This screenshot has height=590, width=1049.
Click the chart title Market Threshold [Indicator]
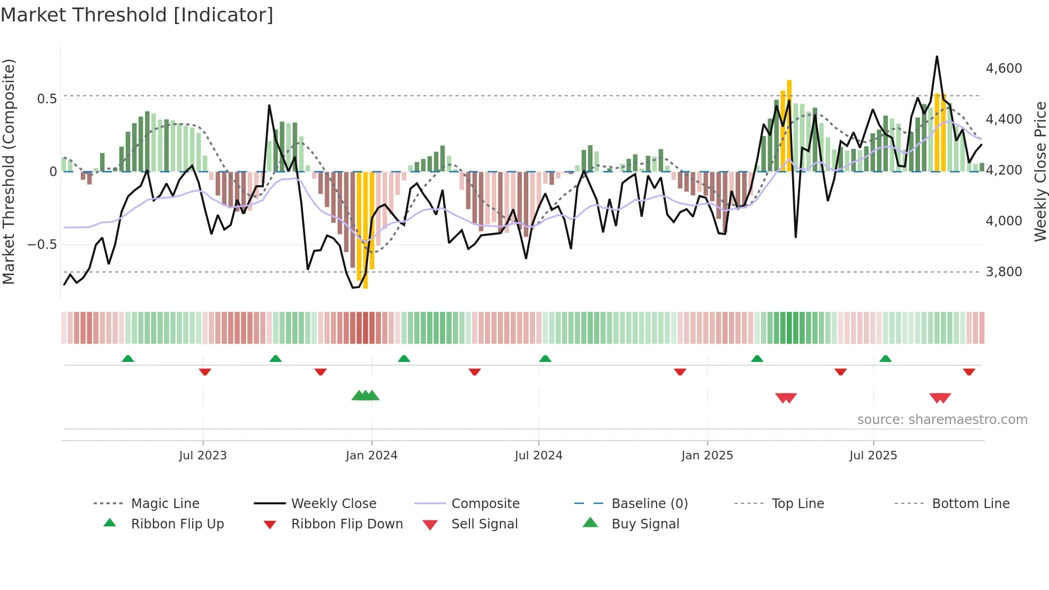[x=137, y=15]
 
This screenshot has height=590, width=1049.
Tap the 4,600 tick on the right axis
[x=1004, y=69]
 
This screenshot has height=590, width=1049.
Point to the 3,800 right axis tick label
[x=1004, y=272]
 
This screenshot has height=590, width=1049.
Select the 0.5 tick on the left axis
[x=47, y=99]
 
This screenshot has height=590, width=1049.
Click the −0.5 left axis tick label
[x=42, y=245]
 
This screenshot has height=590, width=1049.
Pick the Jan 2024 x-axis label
[x=371, y=456]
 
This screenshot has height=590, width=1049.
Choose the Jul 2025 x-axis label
[x=873, y=456]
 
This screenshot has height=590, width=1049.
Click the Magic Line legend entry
[x=165, y=504]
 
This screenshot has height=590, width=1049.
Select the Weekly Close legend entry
[x=333, y=504]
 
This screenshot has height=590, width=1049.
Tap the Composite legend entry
[x=485, y=504]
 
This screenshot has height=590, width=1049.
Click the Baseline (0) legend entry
[x=649, y=504]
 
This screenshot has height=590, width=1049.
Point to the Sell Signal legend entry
[x=484, y=524]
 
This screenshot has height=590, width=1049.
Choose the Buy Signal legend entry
[x=645, y=524]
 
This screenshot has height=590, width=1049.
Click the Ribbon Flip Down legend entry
[x=347, y=524]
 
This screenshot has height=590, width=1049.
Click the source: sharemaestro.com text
[x=942, y=420]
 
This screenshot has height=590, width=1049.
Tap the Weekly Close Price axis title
[x=1040, y=171]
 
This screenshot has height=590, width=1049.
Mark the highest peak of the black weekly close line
[x=937, y=56]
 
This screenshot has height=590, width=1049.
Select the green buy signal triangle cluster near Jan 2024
[x=366, y=396]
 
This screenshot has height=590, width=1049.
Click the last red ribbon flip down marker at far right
[x=969, y=372]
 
